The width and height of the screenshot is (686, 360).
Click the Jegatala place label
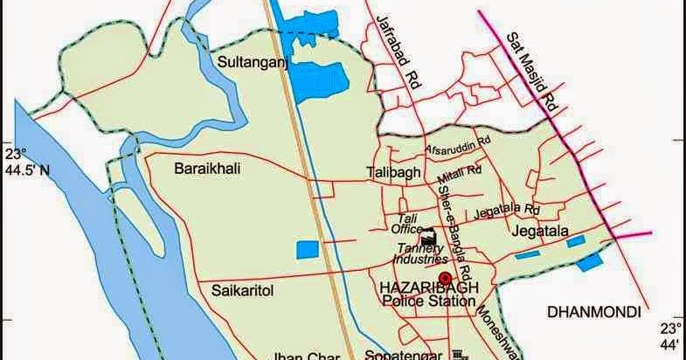[x=539, y=232]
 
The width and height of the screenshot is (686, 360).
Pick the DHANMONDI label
[x=593, y=311]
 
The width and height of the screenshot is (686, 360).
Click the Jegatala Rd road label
[x=508, y=211]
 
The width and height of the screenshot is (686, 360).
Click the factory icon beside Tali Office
[x=429, y=238]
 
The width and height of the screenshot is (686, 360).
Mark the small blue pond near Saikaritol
[x=308, y=250]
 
